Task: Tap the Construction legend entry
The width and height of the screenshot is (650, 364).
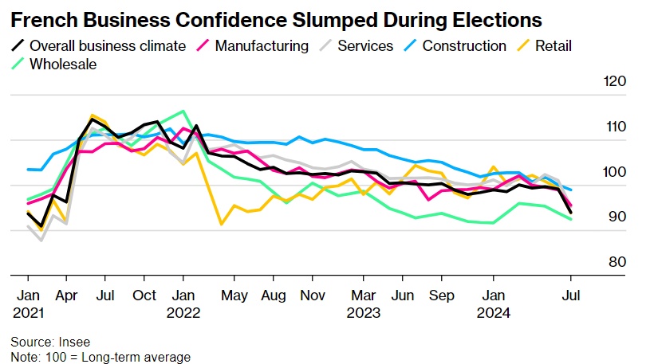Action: tap(463, 45)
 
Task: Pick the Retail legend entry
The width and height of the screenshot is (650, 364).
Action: tap(552, 45)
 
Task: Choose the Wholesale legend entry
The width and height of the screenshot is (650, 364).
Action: tap(62, 64)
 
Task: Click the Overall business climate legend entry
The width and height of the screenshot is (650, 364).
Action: tap(107, 45)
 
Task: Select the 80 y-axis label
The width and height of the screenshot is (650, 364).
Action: tap(616, 262)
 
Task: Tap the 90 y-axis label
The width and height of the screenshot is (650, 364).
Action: tap(616, 217)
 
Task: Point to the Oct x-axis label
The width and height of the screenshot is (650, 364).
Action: tap(144, 295)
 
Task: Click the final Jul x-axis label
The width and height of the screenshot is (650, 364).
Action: tap(571, 295)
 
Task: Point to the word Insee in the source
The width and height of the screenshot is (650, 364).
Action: tap(73, 341)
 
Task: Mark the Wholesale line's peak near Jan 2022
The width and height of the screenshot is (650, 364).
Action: tap(183, 112)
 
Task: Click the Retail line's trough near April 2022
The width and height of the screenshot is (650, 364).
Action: tap(222, 225)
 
